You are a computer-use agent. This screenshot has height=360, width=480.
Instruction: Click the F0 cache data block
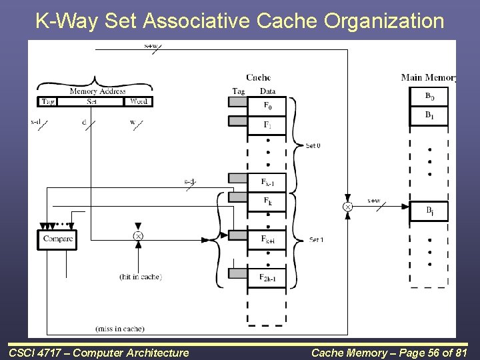[x=267, y=105]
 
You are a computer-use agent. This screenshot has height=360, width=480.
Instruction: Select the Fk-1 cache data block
[x=267, y=182]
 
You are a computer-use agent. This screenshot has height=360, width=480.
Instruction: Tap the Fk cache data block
[x=267, y=201]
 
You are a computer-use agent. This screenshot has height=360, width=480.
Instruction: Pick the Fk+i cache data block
[x=267, y=240]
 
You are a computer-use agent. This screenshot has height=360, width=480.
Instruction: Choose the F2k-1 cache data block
[x=267, y=277]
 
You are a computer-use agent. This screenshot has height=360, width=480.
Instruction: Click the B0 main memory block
[x=429, y=97]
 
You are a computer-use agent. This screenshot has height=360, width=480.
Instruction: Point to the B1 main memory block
[x=429, y=115]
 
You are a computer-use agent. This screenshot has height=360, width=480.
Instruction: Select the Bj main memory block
[x=429, y=211]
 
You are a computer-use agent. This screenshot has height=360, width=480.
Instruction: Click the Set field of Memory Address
[x=93, y=102]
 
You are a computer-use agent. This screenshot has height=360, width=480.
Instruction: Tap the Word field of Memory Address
[x=139, y=102]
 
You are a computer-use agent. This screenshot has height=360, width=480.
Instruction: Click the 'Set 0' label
[x=313, y=145]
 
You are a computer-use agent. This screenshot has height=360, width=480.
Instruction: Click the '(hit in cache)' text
[x=140, y=277]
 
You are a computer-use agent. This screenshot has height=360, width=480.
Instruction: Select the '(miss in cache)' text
[x=120, y=329]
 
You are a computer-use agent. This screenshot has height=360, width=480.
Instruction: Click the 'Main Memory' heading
[x=428, y=77]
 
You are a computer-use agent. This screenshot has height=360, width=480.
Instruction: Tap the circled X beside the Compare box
[x=138, y=236]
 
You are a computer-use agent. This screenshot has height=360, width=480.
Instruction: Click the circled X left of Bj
[x=347, y=207]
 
